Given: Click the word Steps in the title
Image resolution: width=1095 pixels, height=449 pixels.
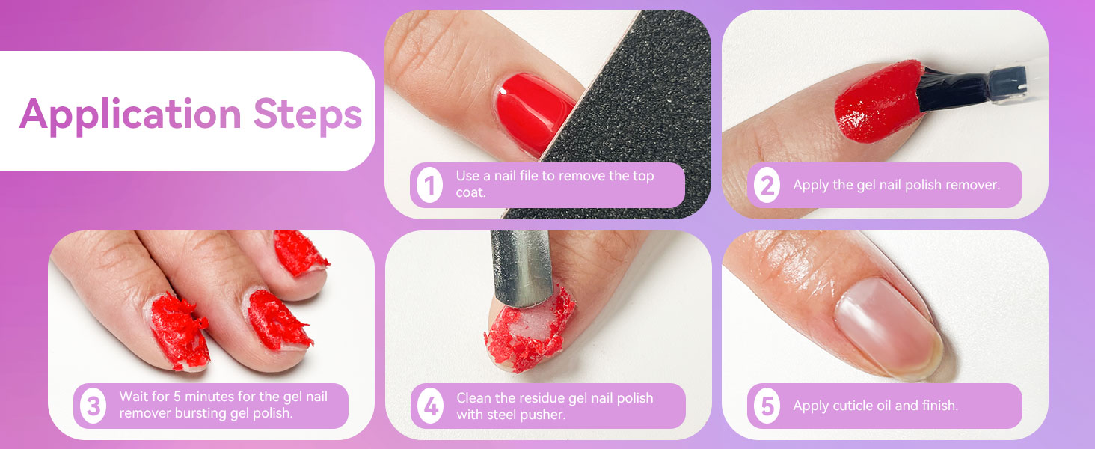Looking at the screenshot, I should [x=307, y=114].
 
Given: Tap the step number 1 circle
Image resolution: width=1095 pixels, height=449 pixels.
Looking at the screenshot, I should [x=429, y=185].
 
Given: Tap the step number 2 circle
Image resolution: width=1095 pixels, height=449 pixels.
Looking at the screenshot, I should [x=767, y=185].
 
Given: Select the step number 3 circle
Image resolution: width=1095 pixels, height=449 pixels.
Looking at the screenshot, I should [x=93, y=406].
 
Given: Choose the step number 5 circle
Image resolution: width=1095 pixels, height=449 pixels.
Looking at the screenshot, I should [x=767, y=406].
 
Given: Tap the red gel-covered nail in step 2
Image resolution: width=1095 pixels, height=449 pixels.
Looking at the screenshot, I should [x=871, y=105].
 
